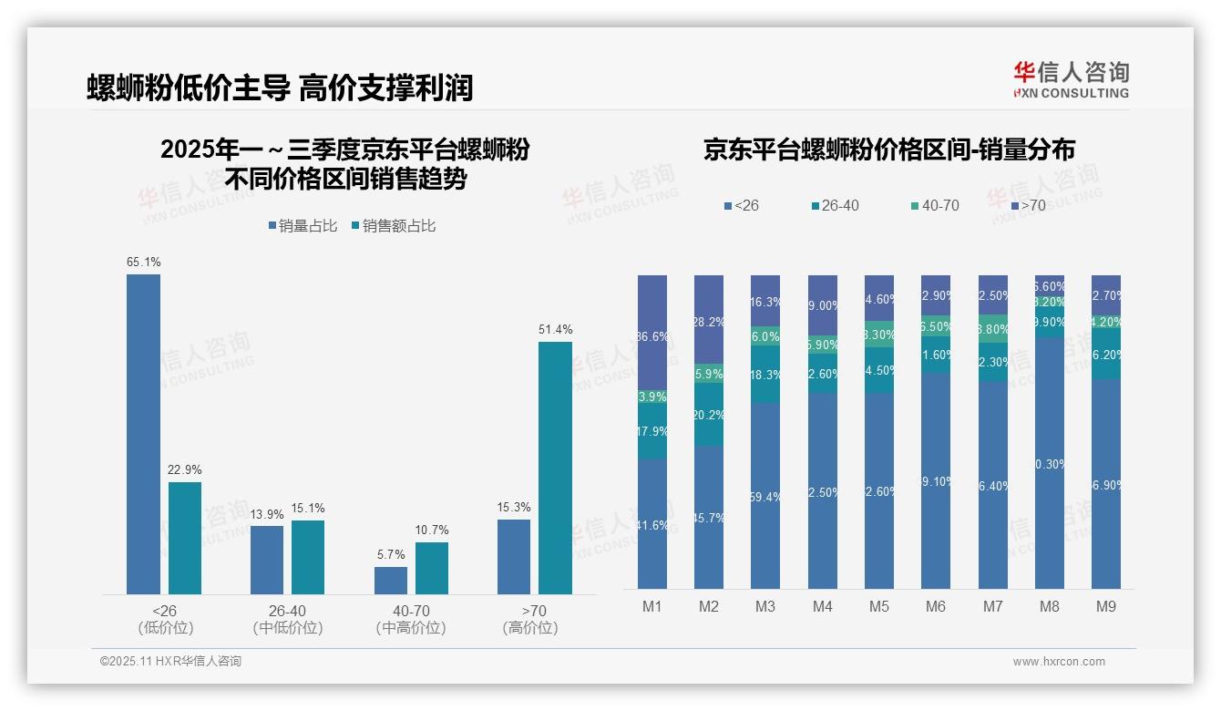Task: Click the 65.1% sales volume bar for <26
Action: pyautogui.click(x=143, y=434)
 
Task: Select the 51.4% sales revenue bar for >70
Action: pyautogui.click(x=555, y=468)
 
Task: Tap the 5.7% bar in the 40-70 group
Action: pyautogui.click(x=391, y=581)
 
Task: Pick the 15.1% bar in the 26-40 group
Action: pyautogui.click(x=308, y=557)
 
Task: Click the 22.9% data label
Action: pyautogui.click(x=184, y=469)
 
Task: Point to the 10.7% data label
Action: pyautogui.click(x=431, y=530)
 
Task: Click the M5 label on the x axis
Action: pyautogui.click(x=878, y=606)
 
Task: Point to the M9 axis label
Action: pyautogui.click(x=1106, y=606)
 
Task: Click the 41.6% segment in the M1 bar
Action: pyautogui.click(x=652, y=523)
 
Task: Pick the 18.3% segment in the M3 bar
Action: pyautogui.click(x=765, y=375)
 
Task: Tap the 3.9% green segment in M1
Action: pyautogui.click(x=652, y=397)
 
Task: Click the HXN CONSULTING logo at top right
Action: pyautogui.click(x=1071, y=80)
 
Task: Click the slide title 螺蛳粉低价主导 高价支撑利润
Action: pyautogui.click(x=280, y=88)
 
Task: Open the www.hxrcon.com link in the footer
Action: pyautogui.click(x=1059, y=662)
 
